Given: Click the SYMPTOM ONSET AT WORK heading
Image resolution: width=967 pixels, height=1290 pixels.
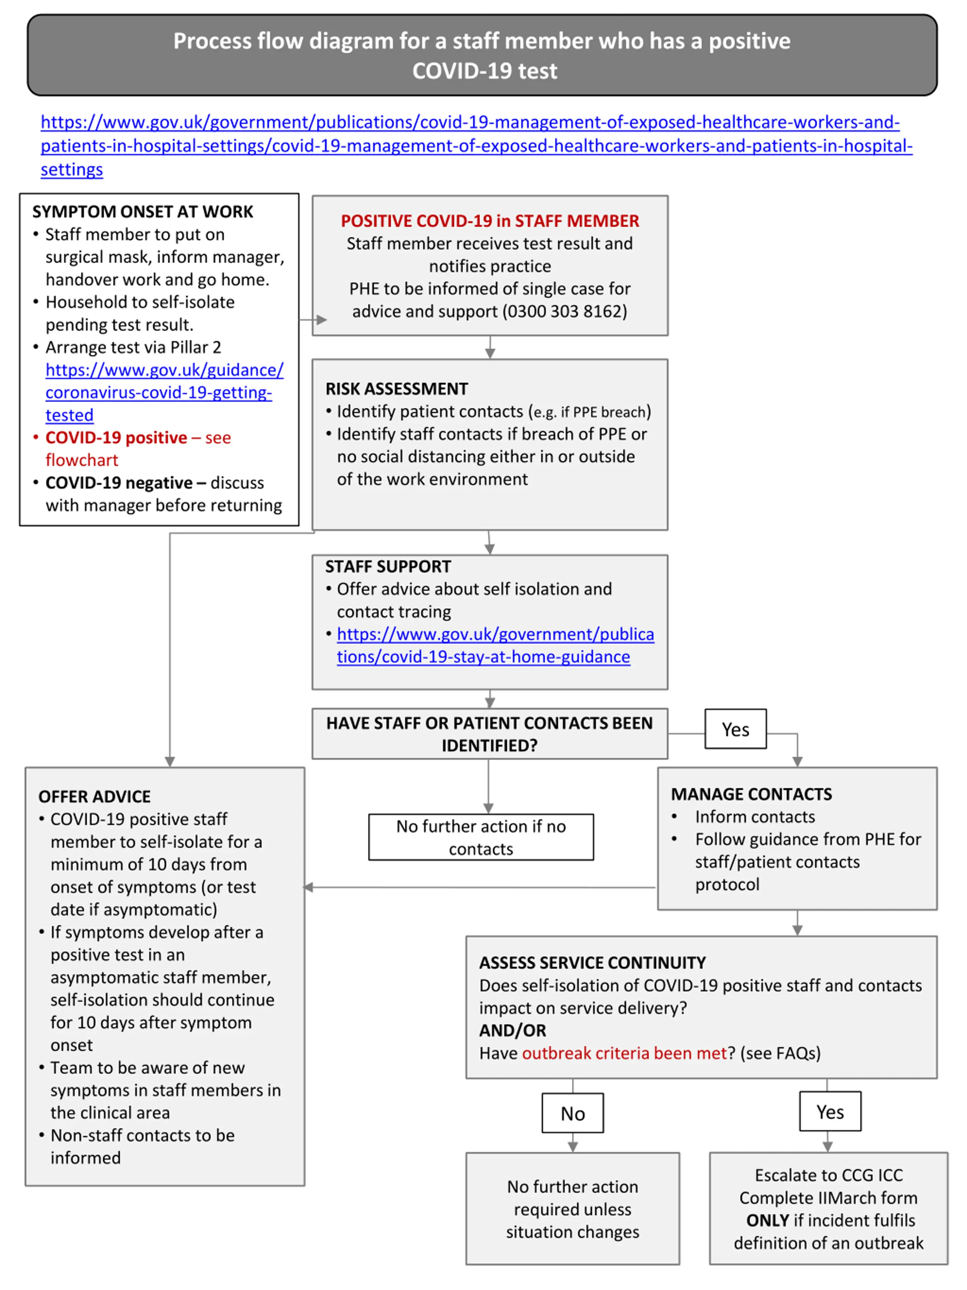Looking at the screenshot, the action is point(143,212).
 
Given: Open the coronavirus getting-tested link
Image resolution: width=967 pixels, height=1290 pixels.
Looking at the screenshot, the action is point(164,392).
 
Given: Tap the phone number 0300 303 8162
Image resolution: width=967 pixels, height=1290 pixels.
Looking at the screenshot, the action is point(564,311).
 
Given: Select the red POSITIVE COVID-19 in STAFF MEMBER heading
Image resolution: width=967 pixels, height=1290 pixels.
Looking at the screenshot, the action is point(490,221).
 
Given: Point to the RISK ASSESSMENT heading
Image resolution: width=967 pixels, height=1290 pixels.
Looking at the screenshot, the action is point(396,389).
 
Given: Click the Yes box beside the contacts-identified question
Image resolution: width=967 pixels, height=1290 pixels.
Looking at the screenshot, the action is point(735,729).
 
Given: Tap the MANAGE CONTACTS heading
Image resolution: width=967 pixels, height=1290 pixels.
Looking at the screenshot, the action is point(751,794).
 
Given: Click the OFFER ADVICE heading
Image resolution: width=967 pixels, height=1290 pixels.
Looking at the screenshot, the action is point(94,797).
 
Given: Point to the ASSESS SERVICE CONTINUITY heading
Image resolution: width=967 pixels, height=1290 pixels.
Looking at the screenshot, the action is point(592,963).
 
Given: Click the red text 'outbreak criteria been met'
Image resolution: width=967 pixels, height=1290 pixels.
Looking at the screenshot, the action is point(624,1053).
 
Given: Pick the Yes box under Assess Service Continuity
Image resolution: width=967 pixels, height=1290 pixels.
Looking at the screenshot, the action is point(830,1112).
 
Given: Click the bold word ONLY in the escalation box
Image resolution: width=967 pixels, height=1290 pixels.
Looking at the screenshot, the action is point(768,1220).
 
